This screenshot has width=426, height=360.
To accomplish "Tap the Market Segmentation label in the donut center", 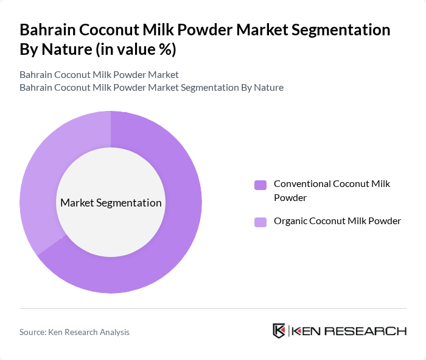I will pyautogui.click(x=111, y=203).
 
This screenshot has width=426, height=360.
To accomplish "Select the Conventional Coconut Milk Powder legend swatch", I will pyautogui.click(x=260, y=185).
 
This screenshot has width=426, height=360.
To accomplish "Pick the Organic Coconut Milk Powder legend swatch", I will pyautogui.click(x=260, y=222).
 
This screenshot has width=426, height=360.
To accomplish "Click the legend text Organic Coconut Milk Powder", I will pyautogui.click(x=337, y=221).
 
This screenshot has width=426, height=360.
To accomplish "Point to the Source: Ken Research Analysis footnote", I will pyautogui.click(x=74, y=332).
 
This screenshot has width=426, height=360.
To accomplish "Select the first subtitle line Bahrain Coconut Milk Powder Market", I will pyautogui.click(x=99, y=75).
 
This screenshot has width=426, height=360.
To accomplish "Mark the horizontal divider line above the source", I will pyautogui.click(x=213, y=308).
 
